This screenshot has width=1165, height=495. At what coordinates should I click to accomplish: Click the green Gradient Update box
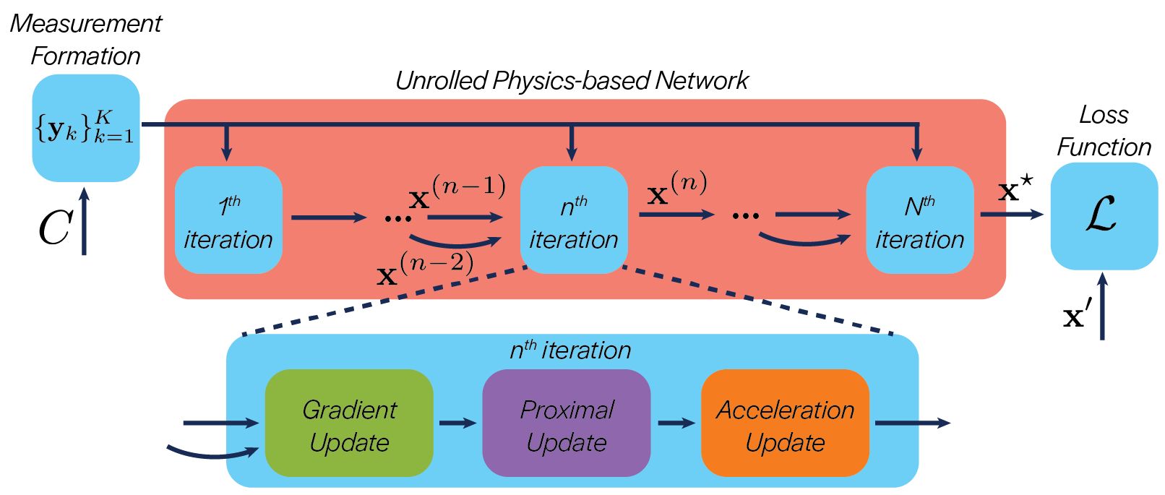click(x=349, y=423)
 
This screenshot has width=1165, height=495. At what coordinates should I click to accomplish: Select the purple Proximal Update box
click(x=566, y=423)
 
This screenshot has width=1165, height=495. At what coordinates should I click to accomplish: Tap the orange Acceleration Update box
click(x=785, y=423)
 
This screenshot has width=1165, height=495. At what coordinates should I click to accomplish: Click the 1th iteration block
click(x=228, y=220)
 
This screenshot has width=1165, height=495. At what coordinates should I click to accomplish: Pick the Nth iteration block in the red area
click(x=919, y=220)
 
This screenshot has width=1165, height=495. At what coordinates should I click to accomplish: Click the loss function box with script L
click(x=1103, y=215)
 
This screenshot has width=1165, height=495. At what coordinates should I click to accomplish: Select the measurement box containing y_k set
click(x=85, y=127)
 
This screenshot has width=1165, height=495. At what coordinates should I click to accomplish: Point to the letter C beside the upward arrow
click(x=54, y=228)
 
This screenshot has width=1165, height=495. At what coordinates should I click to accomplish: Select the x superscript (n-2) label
click(x=425, y=270)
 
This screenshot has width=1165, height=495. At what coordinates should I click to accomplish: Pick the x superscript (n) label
click(x=676, y=189)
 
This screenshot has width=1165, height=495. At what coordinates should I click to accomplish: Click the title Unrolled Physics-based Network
click(x=571, y=80)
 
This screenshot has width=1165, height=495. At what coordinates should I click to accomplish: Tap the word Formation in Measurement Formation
click(x=85, y=56)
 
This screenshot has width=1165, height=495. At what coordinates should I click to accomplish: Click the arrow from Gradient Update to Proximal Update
click(x=457, y=423)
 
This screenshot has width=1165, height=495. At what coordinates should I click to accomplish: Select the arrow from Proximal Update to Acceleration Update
click(x=676, y=423)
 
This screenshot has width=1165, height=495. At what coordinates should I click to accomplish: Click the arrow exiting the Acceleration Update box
click(x=912, y=423)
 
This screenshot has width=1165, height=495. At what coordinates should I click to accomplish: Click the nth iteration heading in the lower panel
click(x=570, y=350)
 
